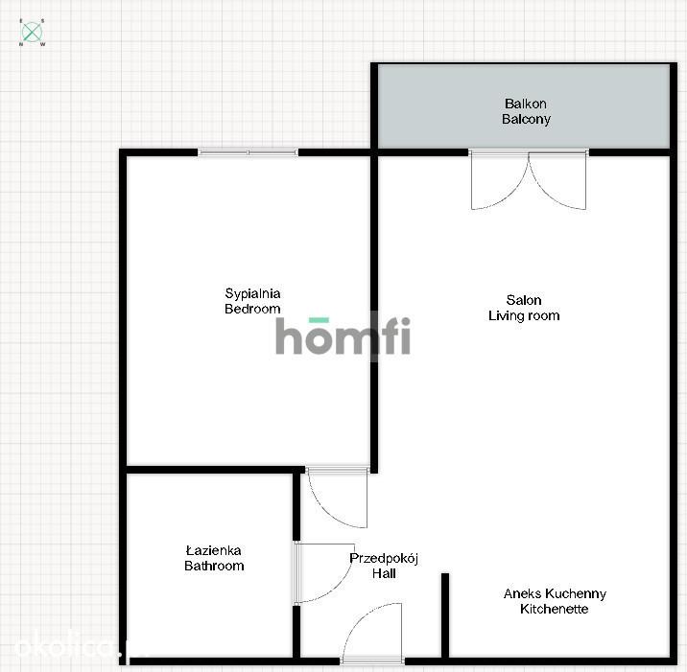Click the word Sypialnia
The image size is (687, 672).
coord(252,293)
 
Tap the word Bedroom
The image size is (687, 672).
coord(252,309)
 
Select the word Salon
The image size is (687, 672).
coord(524,300)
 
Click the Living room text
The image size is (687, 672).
coord(524,315)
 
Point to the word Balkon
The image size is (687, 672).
coord(526,104)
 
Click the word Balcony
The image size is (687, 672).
coord(526,119)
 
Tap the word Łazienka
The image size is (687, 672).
coord(213,550)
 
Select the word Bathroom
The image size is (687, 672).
coord(214,566)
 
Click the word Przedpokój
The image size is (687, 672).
coord(384,558)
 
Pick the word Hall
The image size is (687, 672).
coord(384,573)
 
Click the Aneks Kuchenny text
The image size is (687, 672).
coord(555,593)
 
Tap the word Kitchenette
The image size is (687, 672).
coord(555,609)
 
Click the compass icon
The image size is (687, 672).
coord(32,33)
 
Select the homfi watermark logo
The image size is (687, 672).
coord(343,336)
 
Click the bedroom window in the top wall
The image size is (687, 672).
coord(248,152)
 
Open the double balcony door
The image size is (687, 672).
coord(529,179)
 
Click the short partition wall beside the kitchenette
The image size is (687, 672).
coord(445,616)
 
